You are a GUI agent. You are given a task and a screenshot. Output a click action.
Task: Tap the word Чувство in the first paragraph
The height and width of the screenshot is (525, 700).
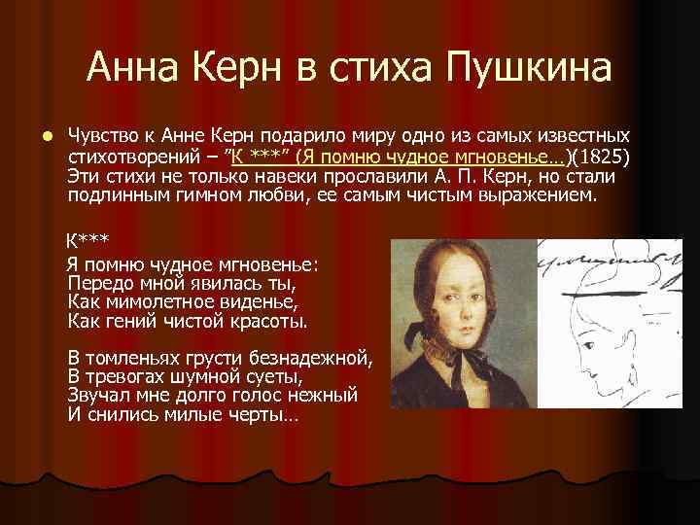pyautogui.click(x=97, y=135)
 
